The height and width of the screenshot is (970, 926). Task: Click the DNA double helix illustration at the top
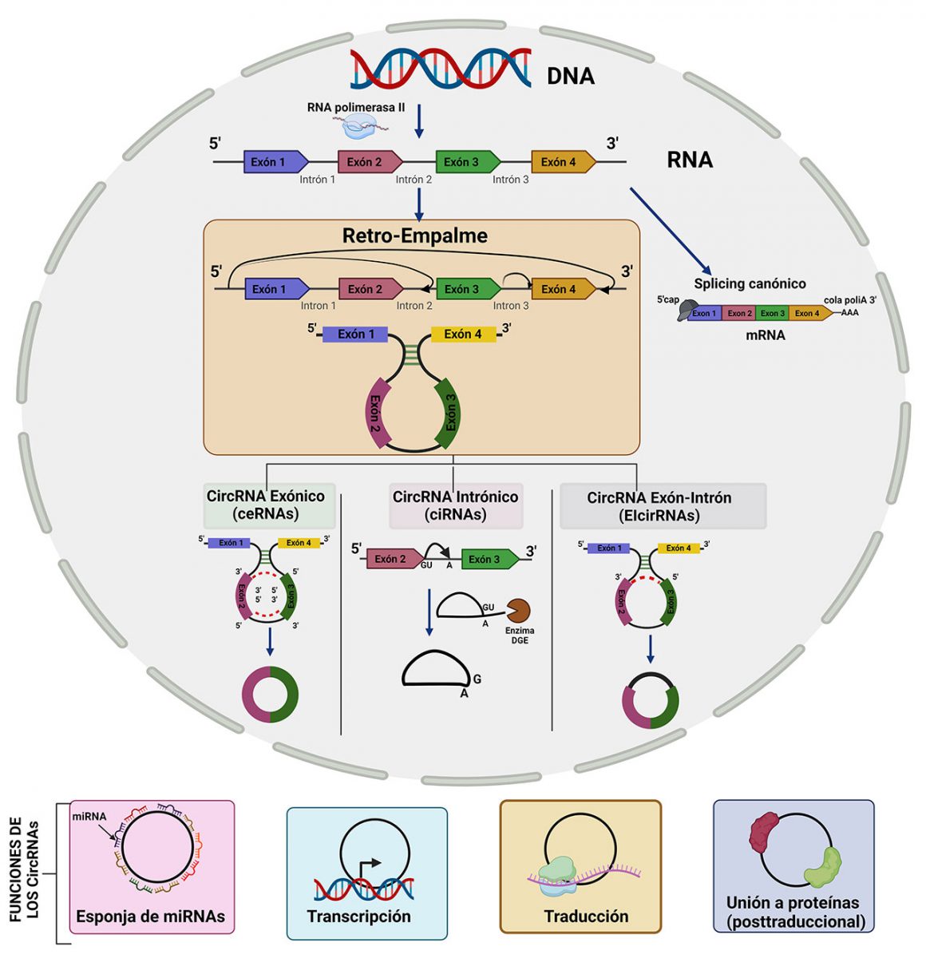(x=441, y=69)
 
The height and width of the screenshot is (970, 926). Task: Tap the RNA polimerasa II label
(x=355, y=107)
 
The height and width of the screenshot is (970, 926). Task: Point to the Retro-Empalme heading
(x=414, y=236)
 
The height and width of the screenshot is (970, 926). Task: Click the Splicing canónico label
(x=750, y=283)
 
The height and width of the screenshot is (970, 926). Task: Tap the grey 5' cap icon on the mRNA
(x=686, y=311)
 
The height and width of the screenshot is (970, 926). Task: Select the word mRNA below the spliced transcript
(x=765, y=335)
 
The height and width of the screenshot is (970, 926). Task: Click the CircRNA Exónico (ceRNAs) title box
(x=266, y=505)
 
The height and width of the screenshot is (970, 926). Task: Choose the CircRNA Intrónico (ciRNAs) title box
(x=455, y=505)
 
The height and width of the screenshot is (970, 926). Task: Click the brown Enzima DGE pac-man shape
(x=518, y=611)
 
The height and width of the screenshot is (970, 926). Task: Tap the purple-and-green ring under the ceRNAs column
(x=270, y=694)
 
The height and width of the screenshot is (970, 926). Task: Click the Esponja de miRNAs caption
(x=150, y=917)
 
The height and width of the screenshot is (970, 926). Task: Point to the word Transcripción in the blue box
(x=358, y=917)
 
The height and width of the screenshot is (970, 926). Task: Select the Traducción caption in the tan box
(x=586, y=917)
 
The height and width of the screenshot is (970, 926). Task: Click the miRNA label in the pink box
(x=89, y=817)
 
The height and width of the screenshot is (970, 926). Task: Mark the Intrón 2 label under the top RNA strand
(x=414, y=180)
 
